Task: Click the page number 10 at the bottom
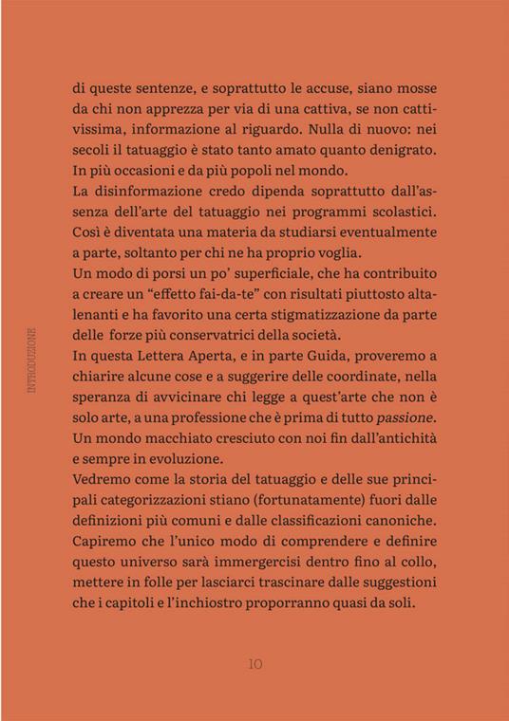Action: (x=254, y=664)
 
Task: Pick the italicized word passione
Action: (x=404, y=418)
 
